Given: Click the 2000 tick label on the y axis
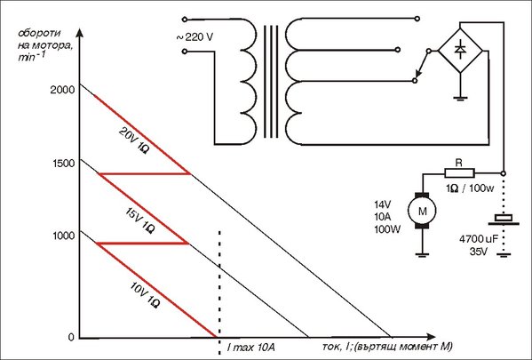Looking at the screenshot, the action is (x=62, y=90).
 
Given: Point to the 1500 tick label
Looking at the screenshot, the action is (x=63, y=164).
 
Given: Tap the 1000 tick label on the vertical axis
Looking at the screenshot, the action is (x=63, y=236).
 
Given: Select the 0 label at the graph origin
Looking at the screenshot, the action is (x=71, y=337).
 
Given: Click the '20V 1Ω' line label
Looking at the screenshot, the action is (x=134, y=140).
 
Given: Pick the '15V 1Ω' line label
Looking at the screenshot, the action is (x=139, y=220).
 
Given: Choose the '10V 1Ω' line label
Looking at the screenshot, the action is (x=145, y=295).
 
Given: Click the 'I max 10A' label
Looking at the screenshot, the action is (x=251, y=348).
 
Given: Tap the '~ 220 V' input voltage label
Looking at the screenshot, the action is (x=195, y=37).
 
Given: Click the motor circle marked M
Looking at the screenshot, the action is (x=422, y=212).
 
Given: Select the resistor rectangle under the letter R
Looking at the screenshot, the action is (x=459, y=173).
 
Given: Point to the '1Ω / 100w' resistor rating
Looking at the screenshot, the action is (x=470, y=188).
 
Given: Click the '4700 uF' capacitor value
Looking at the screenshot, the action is (x=479, y=239).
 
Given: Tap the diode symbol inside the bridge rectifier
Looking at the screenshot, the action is (x=460, y=50).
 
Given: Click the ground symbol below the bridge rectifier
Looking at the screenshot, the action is (x=460, y=99).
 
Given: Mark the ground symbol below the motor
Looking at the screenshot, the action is (x=422, y=255).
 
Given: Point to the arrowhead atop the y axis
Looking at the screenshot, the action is (x=79, y=33).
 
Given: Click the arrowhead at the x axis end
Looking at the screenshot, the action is (x=431, y=337).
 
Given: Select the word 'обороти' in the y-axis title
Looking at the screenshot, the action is (x=39, y=33).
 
